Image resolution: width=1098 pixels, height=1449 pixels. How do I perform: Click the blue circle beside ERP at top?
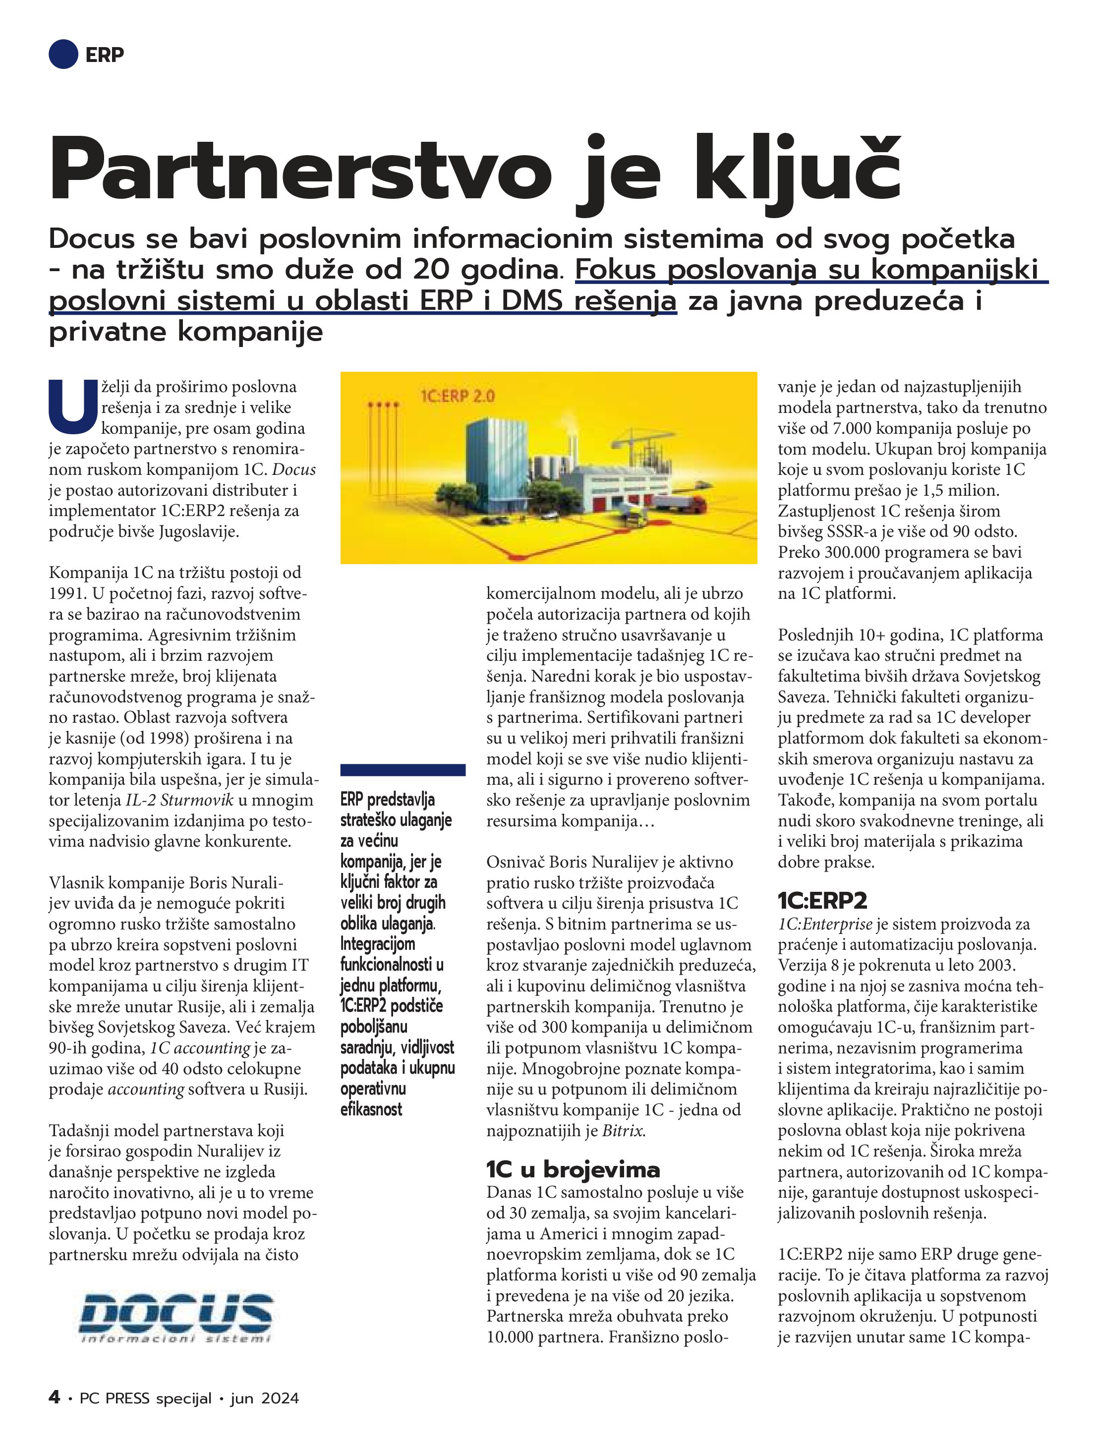tap(63, 54)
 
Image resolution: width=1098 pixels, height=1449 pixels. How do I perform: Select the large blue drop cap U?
tap(73, 406)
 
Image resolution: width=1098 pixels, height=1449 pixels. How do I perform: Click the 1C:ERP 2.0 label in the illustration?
tap(457, 396)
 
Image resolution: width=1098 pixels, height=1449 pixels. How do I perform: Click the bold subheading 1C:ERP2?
tap(822, 900)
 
